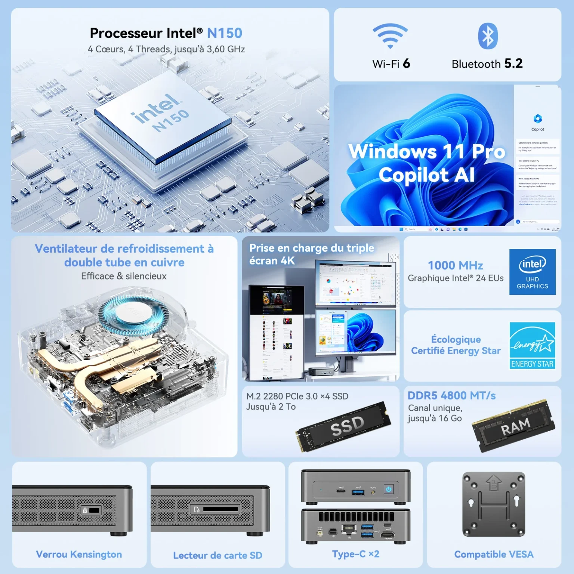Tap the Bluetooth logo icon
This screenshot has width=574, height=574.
488,36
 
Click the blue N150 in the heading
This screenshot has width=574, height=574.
225,33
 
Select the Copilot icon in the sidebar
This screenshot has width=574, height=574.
537,119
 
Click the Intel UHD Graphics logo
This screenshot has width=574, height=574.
532,272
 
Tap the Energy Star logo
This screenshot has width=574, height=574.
532,346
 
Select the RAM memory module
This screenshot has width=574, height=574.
514,426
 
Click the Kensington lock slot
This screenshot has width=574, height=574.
91,510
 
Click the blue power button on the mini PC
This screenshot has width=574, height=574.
389,489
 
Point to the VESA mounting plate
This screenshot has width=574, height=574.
494,504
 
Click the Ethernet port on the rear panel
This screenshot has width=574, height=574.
349,530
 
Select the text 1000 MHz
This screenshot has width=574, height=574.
455,265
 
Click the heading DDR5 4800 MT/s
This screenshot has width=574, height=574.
451,395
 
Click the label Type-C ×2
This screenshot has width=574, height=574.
356,554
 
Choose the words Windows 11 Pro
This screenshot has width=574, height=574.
427,151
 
